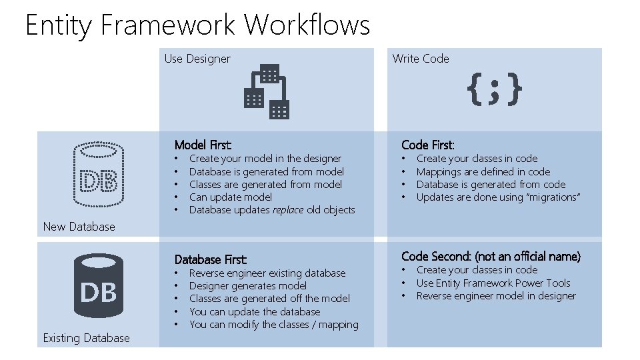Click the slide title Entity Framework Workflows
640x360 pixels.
197,25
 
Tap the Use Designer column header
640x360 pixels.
197,59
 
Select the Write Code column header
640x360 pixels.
421,59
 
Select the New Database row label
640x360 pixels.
79,227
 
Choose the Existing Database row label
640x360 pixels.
86,338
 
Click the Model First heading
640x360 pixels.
203,145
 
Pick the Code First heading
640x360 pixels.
428,145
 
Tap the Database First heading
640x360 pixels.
211,259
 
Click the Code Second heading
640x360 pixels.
491,256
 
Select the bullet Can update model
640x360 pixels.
231,197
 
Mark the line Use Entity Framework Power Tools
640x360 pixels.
493,283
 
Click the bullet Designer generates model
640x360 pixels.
248,286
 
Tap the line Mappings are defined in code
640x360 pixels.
483,171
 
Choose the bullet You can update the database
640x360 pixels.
255,312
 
